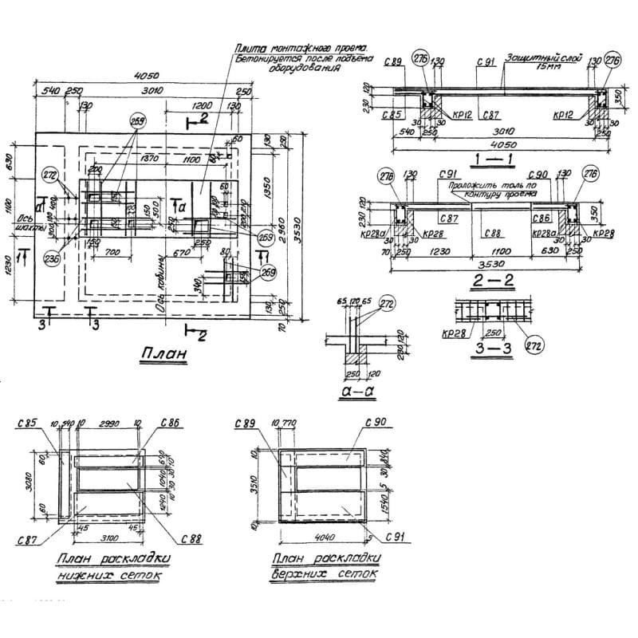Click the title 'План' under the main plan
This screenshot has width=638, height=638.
(163, 353)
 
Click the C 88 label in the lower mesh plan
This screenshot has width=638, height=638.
(191, 539)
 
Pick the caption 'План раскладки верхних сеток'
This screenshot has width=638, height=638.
(325, 565)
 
